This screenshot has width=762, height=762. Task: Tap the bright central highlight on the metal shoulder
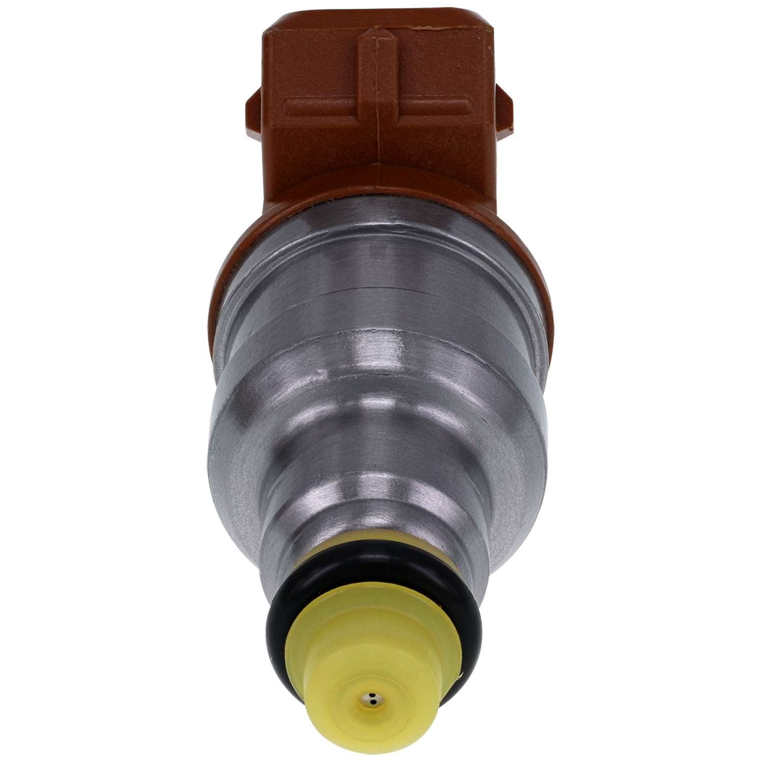pyautogui.click(x=376, y=356)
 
